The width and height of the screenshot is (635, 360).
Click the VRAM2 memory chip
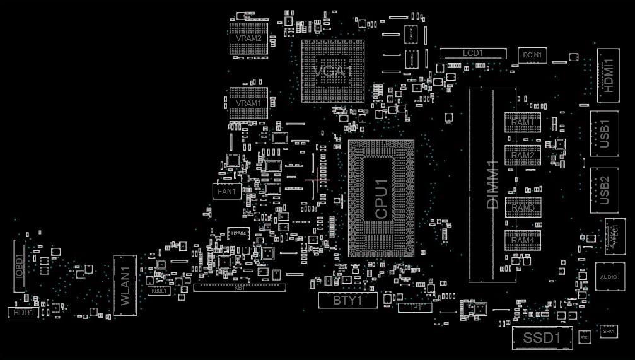click(248, 38)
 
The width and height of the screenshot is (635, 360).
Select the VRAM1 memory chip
click(248, 103)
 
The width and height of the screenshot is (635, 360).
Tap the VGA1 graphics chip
click(333, 71)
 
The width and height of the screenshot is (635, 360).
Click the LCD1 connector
click(473, 54)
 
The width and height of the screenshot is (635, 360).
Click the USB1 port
click(604, 134)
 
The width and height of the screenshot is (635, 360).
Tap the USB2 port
click(604, 190)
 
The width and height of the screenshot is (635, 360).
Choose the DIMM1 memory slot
click(492, 183)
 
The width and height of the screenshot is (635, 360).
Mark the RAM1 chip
click(523, 122)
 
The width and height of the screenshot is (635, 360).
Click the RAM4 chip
click(523, 240)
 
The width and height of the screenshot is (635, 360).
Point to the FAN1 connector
click(226, 191)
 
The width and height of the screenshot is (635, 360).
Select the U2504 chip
click(238, 234)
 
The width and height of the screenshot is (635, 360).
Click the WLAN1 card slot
click(125, 285)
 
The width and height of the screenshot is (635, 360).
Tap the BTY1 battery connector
click(347, 301)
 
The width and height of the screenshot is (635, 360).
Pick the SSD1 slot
click(542, 338)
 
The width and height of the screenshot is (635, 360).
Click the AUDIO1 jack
click(610, 277)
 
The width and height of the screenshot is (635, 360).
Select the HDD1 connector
click(23, 312)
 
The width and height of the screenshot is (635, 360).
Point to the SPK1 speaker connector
click(608, 330)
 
